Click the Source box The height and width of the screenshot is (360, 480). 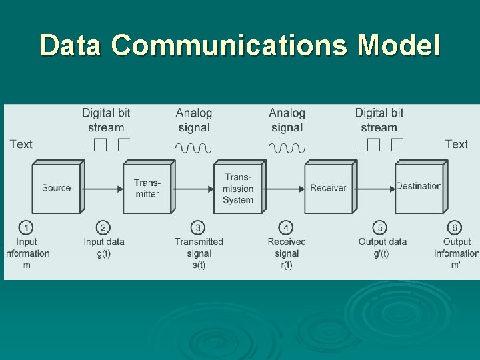pos(56,188)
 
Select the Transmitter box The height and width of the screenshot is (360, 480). pos(147,188)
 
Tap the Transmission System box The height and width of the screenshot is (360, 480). pos(238,188)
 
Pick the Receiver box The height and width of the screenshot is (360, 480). pos(328,188)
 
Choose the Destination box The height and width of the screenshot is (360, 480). pos(419,187)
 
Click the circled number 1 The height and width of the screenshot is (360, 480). pos(26,228)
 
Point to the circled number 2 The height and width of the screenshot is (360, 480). pos(103,228)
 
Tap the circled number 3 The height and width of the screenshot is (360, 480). pos(198,228)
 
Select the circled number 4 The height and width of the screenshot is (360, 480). pos(286,228)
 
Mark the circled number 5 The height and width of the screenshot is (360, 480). pos(380,228)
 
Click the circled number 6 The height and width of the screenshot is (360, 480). pos(456,228)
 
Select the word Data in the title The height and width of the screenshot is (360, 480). pos(71,45)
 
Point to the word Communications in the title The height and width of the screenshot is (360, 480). pos(229,45)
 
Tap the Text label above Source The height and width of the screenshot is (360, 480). pos(21,144)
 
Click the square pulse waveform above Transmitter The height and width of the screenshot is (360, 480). pos(107,145)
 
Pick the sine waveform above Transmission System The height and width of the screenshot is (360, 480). pos(193,147)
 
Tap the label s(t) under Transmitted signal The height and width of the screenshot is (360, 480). pos(199,265)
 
